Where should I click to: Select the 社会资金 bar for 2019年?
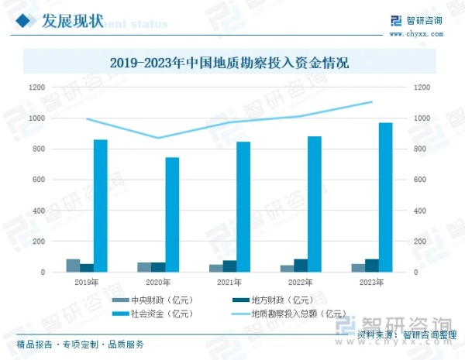coord(101,206)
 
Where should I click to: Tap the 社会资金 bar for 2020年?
coord(172,214)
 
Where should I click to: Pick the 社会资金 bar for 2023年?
coord(385,197)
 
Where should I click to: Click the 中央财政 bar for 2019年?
coord(73,266)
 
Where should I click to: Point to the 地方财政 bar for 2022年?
coord(300,266)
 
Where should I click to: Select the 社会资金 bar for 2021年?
coord(243,207)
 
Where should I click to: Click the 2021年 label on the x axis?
coord(229,283)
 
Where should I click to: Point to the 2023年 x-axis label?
coord(371,283)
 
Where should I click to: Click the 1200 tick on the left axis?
coord(37,87)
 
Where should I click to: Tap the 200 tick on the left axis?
coord(39,242)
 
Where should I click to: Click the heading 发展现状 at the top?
coord(69,21)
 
